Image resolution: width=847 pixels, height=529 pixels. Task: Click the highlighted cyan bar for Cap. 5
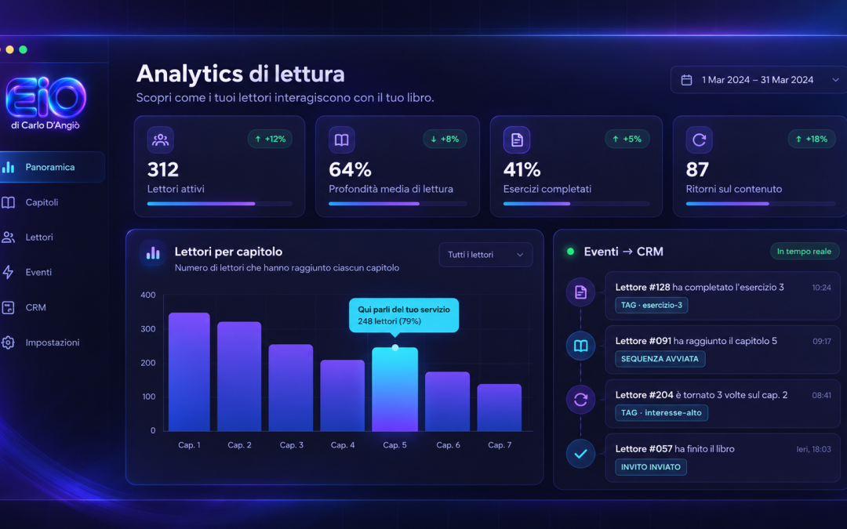pyautogui.click(x=394, y=390)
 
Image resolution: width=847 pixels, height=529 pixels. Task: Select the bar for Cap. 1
pyautogui.click(x=189, y=372)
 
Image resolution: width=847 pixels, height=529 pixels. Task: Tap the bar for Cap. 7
pyautogui.click(x=499, y=408)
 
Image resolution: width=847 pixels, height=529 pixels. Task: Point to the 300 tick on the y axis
pyautogui.click(x=148, y=328)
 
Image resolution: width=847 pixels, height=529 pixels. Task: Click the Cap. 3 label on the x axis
pyautogui.click(x=292, y=445)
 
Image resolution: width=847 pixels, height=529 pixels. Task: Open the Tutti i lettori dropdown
pyautogui.click(x=485, y=255)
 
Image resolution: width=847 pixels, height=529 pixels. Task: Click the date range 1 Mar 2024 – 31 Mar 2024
pyautogui.click(x=758, y=80)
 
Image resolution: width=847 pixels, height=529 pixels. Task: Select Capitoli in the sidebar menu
pyautogui.click(x=42, y=202)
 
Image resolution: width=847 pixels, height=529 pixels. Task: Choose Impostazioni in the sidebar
pyautogui.click(x=53, y=342)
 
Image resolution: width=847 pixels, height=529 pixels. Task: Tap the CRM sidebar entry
pyautogui.click(x=35, y=308)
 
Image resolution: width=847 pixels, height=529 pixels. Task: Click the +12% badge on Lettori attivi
pyautogui.click(x=270, y=139)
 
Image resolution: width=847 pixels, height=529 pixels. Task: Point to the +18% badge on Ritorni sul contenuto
pyautogui.click(x=812, y=139)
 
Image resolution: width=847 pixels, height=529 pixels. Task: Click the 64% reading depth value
pyautogui.click(x=350, y=169)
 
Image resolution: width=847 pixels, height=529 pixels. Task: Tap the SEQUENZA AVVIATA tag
pyautogui.click(x=660, y=359)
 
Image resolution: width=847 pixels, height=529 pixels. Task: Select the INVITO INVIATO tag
pyautogui.click(x=650, y=467)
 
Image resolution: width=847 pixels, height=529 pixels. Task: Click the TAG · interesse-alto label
pyautogui.click(x=661, y=413)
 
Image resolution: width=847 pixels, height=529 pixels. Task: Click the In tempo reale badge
pyautogui.click(x=804, y=252)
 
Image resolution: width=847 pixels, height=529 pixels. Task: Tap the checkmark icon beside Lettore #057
pyautogui.click(x=580, y=454)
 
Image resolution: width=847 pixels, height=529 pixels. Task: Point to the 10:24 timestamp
pyautogui.click(x=822, y=288)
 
